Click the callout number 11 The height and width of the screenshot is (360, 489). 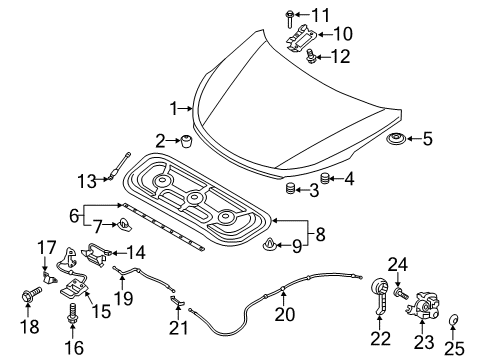click(x=319, y=15)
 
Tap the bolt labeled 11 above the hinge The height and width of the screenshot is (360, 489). click(x=289, y=15)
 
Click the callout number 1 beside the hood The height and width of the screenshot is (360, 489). click(x=174, y=107)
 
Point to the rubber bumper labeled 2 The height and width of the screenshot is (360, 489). click(x=187, y=142)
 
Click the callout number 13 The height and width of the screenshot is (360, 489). click(x=87, y=180)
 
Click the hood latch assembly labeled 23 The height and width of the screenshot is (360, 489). click(x=424, y=301)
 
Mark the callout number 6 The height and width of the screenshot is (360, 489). click(x=73, y=214)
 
